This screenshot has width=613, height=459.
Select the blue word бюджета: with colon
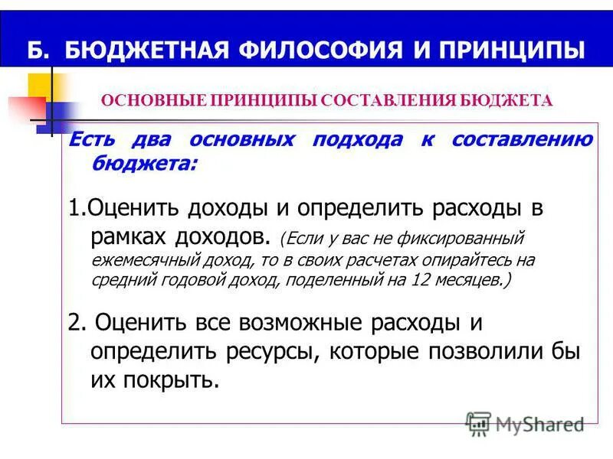coord(143,162)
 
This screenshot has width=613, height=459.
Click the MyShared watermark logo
coord(526,422)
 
